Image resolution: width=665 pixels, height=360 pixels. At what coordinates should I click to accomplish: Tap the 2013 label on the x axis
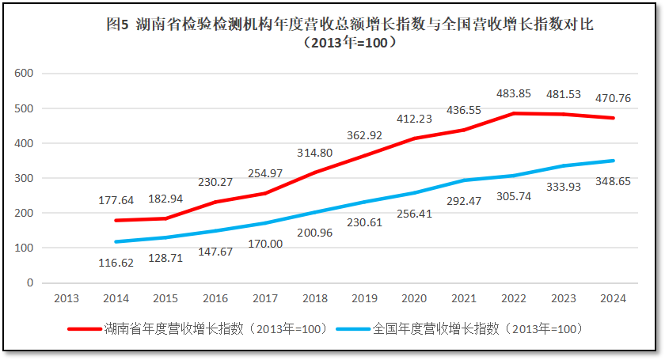click(66, 298)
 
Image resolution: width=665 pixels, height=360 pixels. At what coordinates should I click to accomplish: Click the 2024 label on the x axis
click(613, 298)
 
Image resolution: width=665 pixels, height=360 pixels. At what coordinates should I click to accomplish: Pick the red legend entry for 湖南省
click(199, 328)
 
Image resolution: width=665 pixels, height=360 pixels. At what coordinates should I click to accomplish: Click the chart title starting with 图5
click(349, 25)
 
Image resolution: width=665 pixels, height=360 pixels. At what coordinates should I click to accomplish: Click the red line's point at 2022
click(514, 113)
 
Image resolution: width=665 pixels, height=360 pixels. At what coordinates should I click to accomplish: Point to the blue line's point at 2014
click(116, 241)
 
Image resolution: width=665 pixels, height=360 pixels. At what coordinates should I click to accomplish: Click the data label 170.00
click(266, 244)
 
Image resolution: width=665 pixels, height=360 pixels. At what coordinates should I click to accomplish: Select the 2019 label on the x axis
click(364, 298)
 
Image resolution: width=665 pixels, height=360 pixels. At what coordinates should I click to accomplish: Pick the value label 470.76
click(613, 99)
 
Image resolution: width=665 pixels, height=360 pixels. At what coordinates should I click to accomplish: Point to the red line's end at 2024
click(614, 118)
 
